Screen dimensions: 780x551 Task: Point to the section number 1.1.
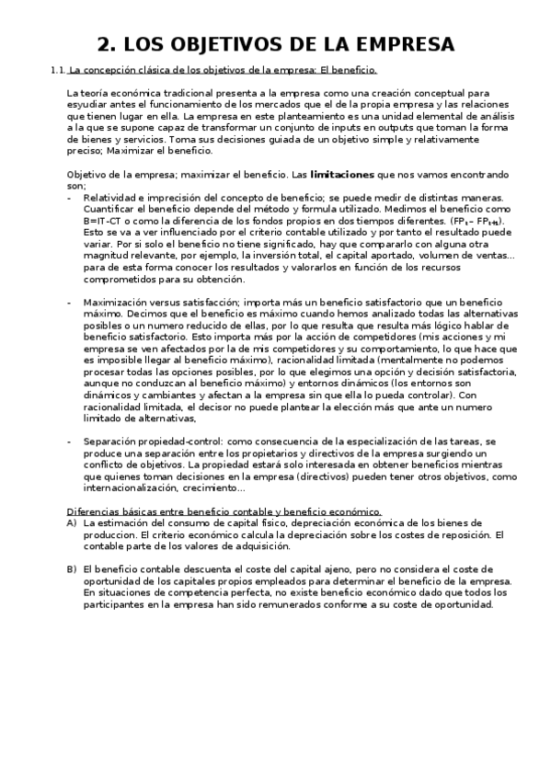[58, 69]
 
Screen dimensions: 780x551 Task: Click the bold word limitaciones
[344, 174]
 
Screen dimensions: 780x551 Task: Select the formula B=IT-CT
[101, 222]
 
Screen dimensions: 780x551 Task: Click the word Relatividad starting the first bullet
[112, 198]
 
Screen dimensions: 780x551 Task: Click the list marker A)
[71, 522]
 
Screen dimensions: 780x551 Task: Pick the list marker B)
[71, 569]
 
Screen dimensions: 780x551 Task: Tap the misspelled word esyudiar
[89, 105]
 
